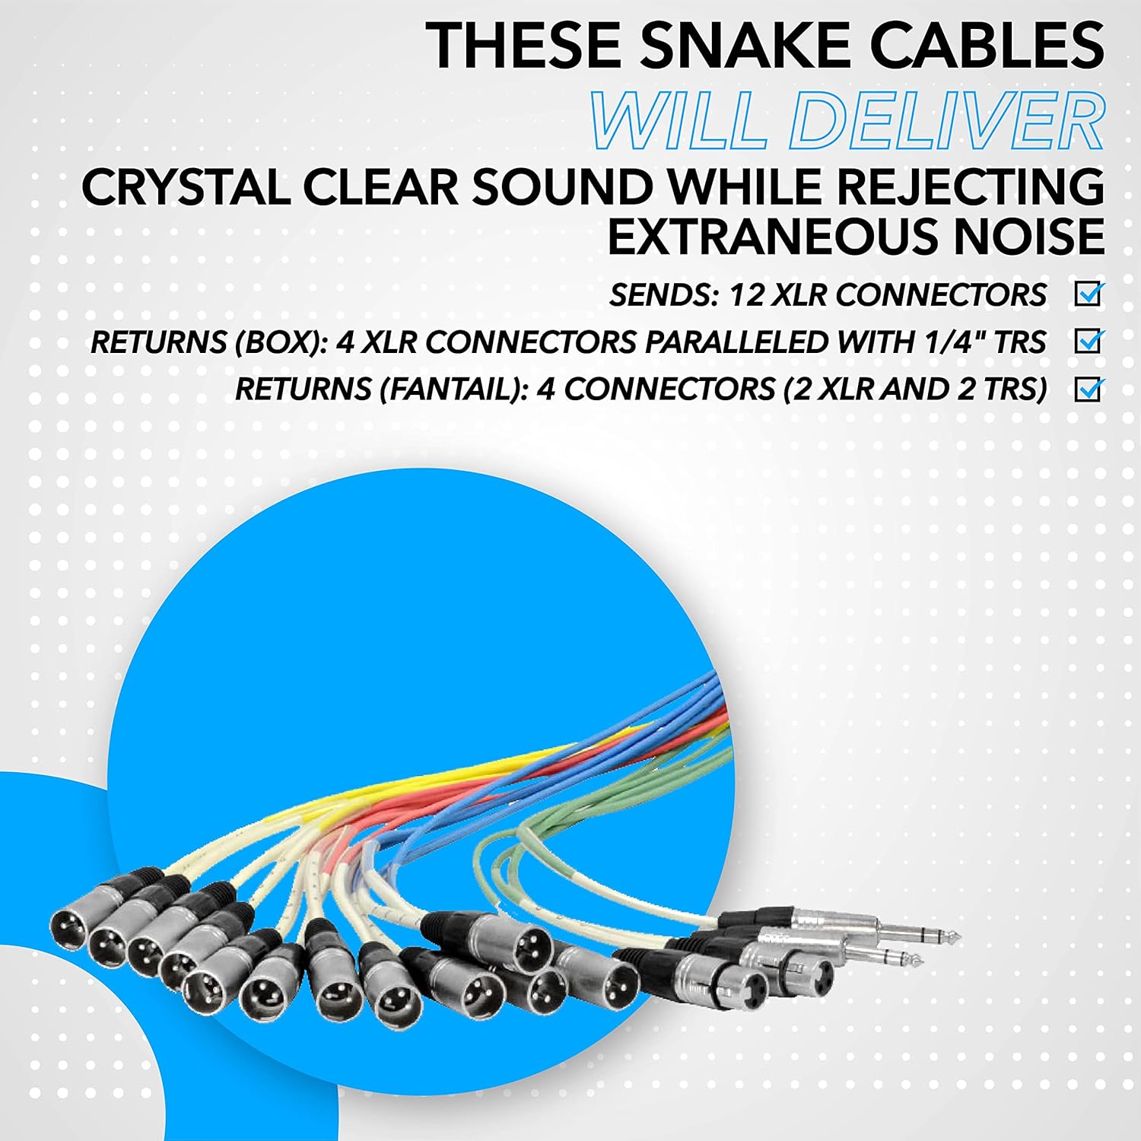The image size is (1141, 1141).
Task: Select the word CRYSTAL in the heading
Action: click(x=186, y=187)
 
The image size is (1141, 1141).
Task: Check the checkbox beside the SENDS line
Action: click(x=1089, y=294)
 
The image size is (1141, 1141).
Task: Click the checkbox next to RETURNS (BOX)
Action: click(x=1089, y=342)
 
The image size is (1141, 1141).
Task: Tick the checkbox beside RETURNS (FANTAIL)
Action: click(x=1089, y=389)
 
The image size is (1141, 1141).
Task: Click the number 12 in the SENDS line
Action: click(x=746, y=295)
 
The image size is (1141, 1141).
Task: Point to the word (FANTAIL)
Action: click(x=452, y=389)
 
